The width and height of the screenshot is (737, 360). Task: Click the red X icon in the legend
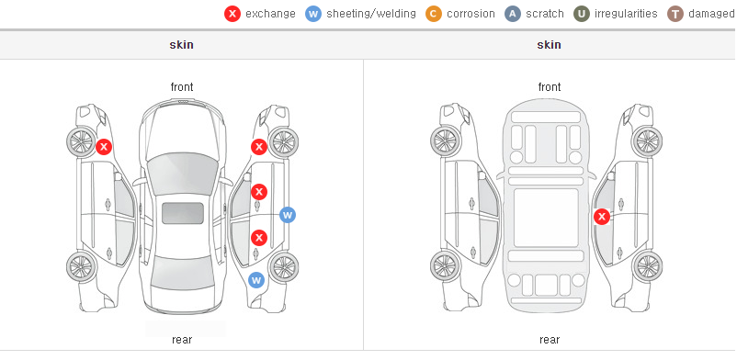(232, 14)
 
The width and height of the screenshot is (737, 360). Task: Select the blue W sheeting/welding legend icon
(313, 14)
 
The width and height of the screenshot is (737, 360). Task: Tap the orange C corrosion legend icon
(434, 14)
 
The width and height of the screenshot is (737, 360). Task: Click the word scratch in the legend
(545, 14)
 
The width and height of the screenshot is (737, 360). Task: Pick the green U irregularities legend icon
(582, 14)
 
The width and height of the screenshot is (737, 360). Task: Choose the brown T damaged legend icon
(675, 14)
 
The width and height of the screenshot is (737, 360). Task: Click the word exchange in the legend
(270, 14)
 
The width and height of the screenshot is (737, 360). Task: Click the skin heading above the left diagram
(181, 45)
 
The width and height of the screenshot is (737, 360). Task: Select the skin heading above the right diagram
(549, 45)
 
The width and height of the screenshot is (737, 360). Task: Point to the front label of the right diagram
(550, 87)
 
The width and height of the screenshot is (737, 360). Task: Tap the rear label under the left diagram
(182, 340)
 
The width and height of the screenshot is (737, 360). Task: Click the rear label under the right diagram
(550, 340)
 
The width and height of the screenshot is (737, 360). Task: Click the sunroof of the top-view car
(183, 213)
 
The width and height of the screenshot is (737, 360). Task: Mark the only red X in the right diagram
(602, 217)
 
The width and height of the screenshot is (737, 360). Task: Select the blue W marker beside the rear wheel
(256, 281)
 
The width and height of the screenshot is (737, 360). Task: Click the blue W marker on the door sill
(288, 215)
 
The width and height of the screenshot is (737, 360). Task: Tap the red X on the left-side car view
(104, 147)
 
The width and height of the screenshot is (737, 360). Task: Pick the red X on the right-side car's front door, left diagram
(259, 191)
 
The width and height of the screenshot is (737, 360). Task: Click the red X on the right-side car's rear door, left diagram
(259, 237)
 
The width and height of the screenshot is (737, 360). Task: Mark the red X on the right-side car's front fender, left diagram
(259, 147)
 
